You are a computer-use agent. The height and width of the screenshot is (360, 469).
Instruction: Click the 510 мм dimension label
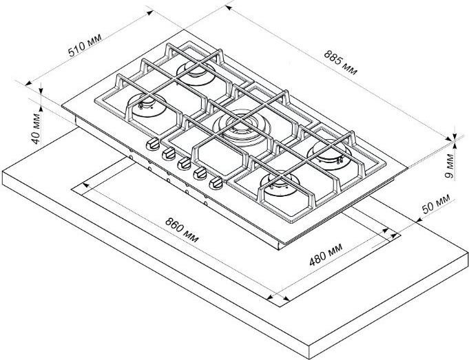pos(85,45)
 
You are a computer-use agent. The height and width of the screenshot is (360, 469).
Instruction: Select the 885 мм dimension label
pos(341,63)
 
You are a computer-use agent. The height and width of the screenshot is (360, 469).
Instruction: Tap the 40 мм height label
pos(37,129)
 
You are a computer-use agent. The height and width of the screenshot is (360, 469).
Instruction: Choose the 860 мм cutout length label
pos(182,230)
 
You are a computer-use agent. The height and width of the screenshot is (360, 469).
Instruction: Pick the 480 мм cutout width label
pos(326,254)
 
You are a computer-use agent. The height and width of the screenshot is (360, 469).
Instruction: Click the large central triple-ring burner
pos(242,129)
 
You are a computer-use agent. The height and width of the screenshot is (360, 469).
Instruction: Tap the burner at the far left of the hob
pos(147,105)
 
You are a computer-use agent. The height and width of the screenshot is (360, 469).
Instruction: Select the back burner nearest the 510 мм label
pos(196,73)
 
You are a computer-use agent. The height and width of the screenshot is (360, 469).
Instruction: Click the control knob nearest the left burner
pos(153,144)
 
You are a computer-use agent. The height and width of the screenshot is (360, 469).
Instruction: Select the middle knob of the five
pos(185,164)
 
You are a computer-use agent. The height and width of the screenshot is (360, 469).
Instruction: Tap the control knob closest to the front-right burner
pos(216,183)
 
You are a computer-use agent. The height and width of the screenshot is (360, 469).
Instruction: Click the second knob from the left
pos(169,153)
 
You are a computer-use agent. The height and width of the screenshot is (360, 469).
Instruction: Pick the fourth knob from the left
pos(200,173)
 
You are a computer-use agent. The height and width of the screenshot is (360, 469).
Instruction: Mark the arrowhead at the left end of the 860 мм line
pos(85,185)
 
